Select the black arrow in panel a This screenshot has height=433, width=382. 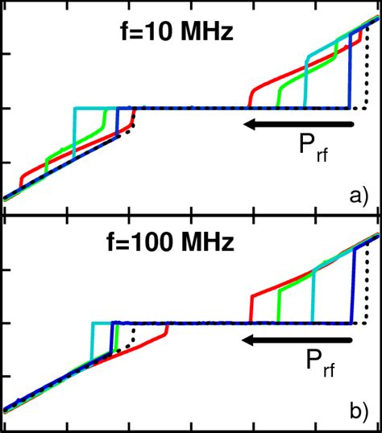pos(297,124)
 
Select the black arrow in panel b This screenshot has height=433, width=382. pos(297,340)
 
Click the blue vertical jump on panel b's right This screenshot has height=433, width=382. pos(353,286)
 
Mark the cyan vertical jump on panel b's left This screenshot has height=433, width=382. pos(92,342)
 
